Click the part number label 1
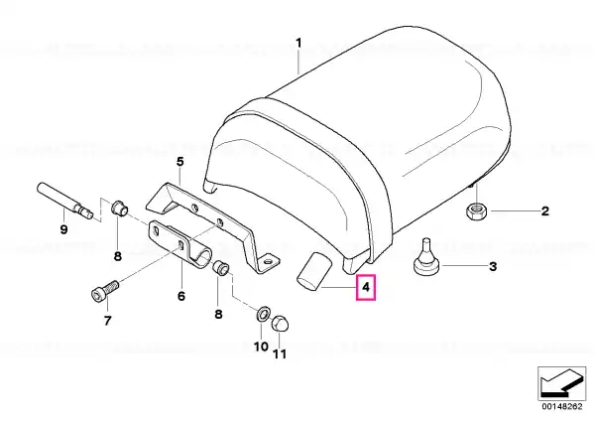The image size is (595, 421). click(x=298, y=43)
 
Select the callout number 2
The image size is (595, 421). click(x=544, y=210)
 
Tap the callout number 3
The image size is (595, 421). click(x=493, y=266)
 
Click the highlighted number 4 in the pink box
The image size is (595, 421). click(x=366, y=287)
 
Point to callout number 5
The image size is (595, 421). click(x=179, y=162)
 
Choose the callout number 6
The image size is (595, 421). click(x=181, y=296)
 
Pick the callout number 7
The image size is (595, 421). click(x=107, y=321)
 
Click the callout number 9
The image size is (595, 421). click(x=63, y=229)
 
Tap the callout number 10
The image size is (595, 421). click(x=261, y=347)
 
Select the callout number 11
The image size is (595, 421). click(x=280, y=354)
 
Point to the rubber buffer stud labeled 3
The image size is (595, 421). click(x=426, y=257)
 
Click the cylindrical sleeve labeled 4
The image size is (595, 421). click(x=313, y=272)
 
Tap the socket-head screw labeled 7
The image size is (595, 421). click(x=105, y=289)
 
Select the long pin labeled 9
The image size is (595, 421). click(x=65, y=200)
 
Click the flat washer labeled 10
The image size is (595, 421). click(x=263, y=314)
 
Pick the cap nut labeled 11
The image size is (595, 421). click(x=280, y=324)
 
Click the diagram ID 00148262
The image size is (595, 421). click(x=561, y=406)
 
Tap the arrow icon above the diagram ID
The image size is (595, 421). click(x=561, y=383)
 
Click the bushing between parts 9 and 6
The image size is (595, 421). click(x=119, y=209)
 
